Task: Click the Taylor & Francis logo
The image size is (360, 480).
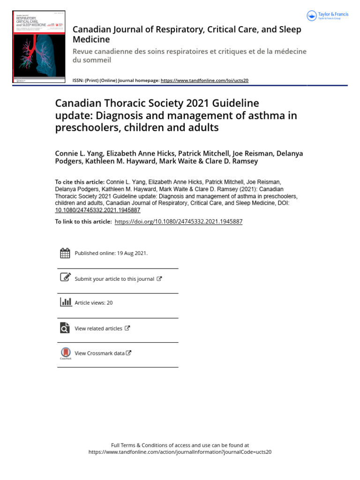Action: pos(328,16)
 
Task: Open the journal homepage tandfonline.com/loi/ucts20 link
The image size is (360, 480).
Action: pos(204,80)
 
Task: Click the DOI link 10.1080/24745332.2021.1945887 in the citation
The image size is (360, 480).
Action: pos(97,210)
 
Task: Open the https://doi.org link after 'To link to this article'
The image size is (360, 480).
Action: pos(178,222)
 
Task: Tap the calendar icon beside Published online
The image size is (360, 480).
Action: pos(65,253)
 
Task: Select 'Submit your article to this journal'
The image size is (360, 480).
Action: pos(114,279)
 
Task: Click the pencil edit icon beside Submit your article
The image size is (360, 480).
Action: pos(65,277)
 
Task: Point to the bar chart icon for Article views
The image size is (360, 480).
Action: pos(66,302)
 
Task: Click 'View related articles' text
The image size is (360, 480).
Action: pos(98,329)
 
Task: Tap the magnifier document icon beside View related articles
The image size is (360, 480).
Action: pos(65,328)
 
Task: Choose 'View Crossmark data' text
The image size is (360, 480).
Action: pos(99,353)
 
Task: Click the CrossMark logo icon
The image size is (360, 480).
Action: pos(65,353)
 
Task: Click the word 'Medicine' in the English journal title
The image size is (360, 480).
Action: pos(91,40)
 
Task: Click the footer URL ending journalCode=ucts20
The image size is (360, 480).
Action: pos(180,452)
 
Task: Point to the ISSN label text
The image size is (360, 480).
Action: pos(78,80)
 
